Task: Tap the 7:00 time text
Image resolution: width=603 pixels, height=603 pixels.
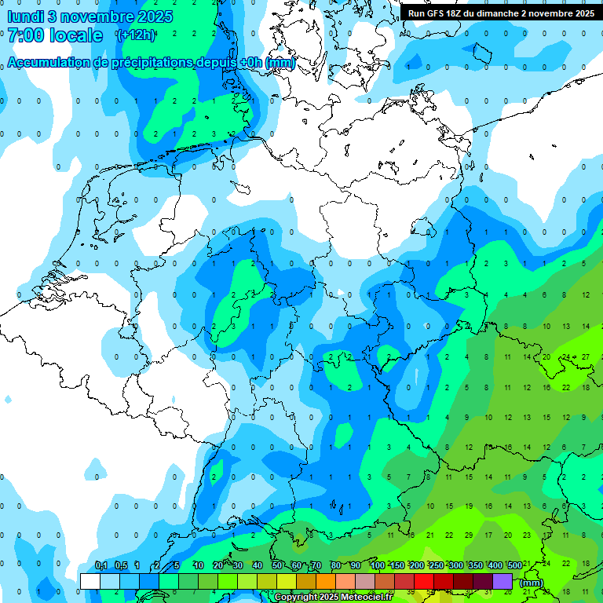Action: pos(27,35)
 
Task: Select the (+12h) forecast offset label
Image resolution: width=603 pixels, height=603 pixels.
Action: pos(135,35)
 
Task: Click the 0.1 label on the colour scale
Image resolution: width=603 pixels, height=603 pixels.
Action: pos(101,566)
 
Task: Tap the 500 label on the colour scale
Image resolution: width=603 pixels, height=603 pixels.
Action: pos(514,566)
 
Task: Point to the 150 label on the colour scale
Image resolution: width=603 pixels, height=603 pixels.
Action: pos(398,566)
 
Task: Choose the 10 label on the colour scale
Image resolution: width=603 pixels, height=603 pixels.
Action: pos(199,566)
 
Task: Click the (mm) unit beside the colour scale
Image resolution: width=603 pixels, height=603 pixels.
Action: pos(531,583)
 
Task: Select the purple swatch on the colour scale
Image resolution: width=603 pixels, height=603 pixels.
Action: pos(502,581)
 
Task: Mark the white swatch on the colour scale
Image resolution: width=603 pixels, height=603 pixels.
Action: pos(90,581)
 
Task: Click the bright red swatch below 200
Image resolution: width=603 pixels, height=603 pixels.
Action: pos(424,581)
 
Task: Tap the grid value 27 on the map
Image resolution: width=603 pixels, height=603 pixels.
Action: pos(585,356)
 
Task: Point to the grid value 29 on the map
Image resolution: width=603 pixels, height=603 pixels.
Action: pos(469,535)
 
